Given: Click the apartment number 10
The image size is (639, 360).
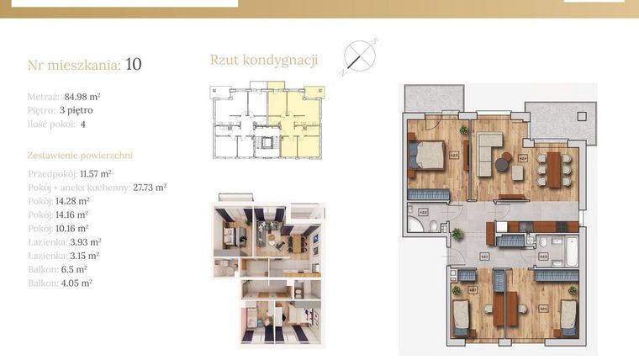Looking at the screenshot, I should tap(133, 64).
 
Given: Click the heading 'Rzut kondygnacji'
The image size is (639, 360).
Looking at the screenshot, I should tap(263, 60).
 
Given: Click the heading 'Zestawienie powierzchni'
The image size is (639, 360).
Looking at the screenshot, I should tap(80, 156).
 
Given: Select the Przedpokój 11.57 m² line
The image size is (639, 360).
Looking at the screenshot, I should tap(72, 172).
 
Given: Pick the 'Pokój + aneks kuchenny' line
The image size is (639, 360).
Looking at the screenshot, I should tap(97, 187).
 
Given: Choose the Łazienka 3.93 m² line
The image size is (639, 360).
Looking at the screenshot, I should tap(64, 242).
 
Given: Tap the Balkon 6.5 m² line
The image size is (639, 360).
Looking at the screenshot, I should tap(56, 270).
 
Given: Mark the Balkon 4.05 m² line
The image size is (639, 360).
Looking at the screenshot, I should tap(60, 283).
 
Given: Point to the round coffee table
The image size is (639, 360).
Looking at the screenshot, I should tap(502, 166).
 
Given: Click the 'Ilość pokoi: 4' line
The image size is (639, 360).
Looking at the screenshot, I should tap(57, 124).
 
